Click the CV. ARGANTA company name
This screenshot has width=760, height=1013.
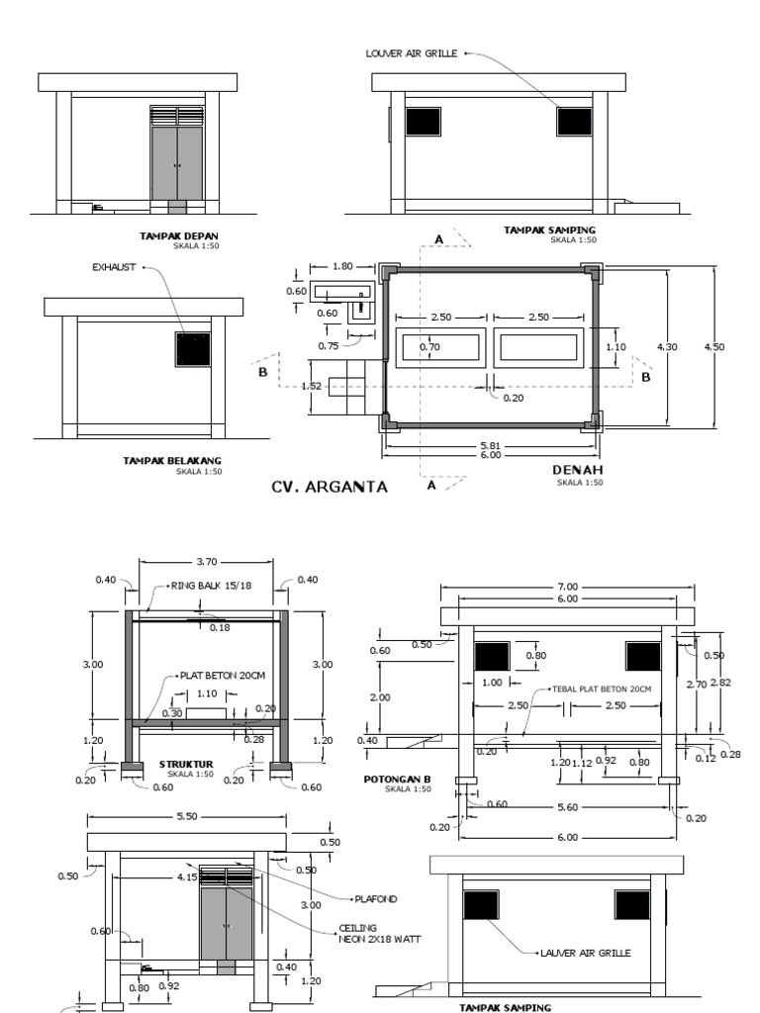pos(329,487)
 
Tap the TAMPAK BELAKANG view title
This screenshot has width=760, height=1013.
pos(172,461)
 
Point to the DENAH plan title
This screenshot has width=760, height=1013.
pos(577,470)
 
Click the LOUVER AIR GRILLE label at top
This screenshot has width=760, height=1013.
pos(412,53)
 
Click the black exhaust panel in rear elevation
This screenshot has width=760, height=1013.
pos(193,349)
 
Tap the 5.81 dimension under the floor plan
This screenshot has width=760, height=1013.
pos(489,445)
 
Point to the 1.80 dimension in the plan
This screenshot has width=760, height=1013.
pos(342,267)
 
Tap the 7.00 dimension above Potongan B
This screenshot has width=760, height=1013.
pos(568,587)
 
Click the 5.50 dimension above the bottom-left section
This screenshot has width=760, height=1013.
pos(187,818)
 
